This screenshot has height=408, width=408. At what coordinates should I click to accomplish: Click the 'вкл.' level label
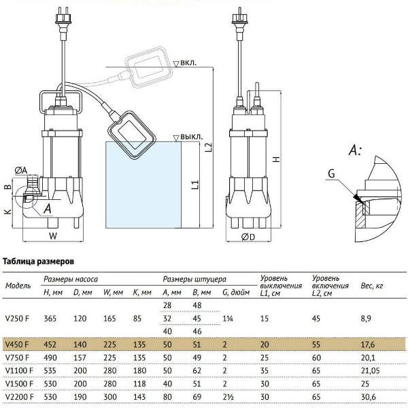[x=188, y=63]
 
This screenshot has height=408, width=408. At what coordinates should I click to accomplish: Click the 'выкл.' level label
[x=191, y=137]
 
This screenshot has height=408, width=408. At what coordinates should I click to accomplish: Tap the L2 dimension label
[x=209, y=148]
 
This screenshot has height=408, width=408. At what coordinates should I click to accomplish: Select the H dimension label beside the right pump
[x=277, y=158]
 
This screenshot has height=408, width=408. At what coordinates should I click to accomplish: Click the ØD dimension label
[x=248, y=237]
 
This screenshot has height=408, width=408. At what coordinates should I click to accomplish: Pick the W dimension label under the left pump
[x=53, y=236]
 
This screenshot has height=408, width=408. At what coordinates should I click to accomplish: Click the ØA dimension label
[x=21, y=171]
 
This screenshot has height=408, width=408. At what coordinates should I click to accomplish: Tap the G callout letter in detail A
[x=331, y=173]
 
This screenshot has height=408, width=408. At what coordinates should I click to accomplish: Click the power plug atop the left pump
[x=64, y=18]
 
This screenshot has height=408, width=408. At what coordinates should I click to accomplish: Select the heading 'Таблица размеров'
[x=38, y=261]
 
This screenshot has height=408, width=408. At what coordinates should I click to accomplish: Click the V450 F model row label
[x=17, y=344]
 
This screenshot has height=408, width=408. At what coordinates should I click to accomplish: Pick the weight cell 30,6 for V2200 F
[x=368, y=396]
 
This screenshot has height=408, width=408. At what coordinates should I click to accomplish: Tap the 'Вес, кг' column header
[x=372, y=286]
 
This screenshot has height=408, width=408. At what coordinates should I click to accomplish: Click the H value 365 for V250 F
[x=50, y=318]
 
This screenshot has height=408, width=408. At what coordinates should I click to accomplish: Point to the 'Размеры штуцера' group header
[x=194, y=279]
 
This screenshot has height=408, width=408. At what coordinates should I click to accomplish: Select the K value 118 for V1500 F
[x=139, y=384]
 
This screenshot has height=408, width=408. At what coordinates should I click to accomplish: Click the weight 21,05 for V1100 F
[x=371, y=371]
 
